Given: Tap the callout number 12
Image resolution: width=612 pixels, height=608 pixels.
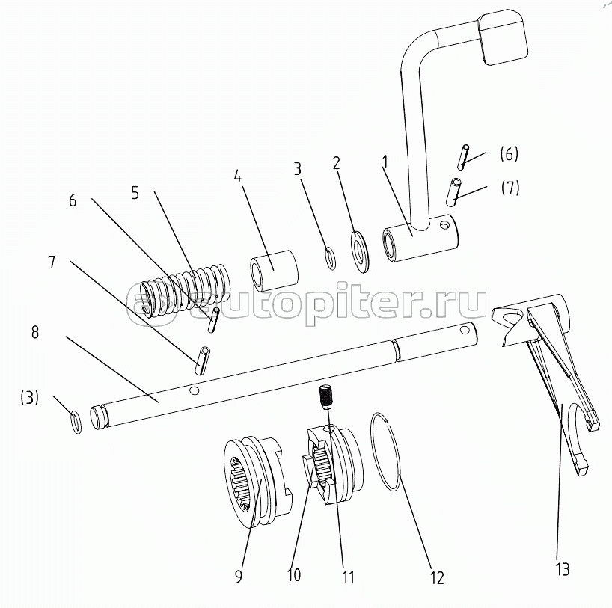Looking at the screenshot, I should [437, 577].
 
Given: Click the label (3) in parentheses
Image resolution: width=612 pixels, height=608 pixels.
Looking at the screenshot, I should [30, 398].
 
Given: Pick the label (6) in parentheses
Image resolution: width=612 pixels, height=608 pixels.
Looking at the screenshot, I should [509, 154].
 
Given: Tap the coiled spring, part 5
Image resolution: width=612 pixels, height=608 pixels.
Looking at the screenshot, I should [187, 289].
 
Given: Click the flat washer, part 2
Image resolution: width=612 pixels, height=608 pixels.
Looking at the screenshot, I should [359, 251].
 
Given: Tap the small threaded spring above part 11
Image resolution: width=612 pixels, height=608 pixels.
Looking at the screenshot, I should [325, 396].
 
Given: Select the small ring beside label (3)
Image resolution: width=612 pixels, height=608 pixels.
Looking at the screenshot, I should [76, 422].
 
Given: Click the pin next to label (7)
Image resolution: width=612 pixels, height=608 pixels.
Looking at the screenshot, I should [456, 191].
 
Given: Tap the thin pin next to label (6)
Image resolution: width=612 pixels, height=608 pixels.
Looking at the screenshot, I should [465, 156].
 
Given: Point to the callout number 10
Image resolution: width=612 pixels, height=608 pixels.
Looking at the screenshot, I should [293, 576].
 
